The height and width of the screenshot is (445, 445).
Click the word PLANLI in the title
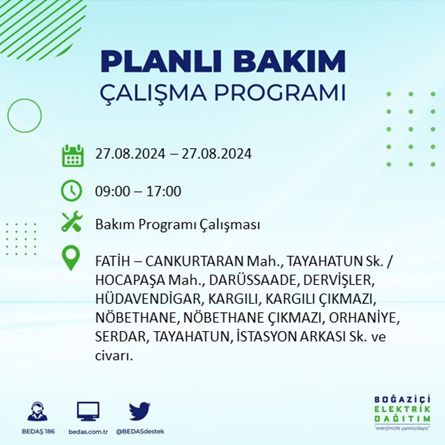pos(161,61)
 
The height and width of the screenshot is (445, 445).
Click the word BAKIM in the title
pos(289,61)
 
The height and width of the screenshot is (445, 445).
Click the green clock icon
pos(71,191)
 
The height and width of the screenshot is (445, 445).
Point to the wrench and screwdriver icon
pos(72,222)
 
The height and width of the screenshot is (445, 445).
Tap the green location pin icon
pos(71,258)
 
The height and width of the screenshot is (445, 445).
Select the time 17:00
pos(164,191)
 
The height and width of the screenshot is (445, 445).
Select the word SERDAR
pos(120,336)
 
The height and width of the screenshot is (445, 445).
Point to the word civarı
pos(113,356)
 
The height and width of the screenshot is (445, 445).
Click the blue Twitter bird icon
pos(140,411)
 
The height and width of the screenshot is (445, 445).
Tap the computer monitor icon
pos(88,411)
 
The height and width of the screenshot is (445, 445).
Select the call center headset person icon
pos(38,411)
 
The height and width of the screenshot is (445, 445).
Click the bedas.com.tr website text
pos(88,432)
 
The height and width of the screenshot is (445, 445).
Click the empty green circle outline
pos(24,99)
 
